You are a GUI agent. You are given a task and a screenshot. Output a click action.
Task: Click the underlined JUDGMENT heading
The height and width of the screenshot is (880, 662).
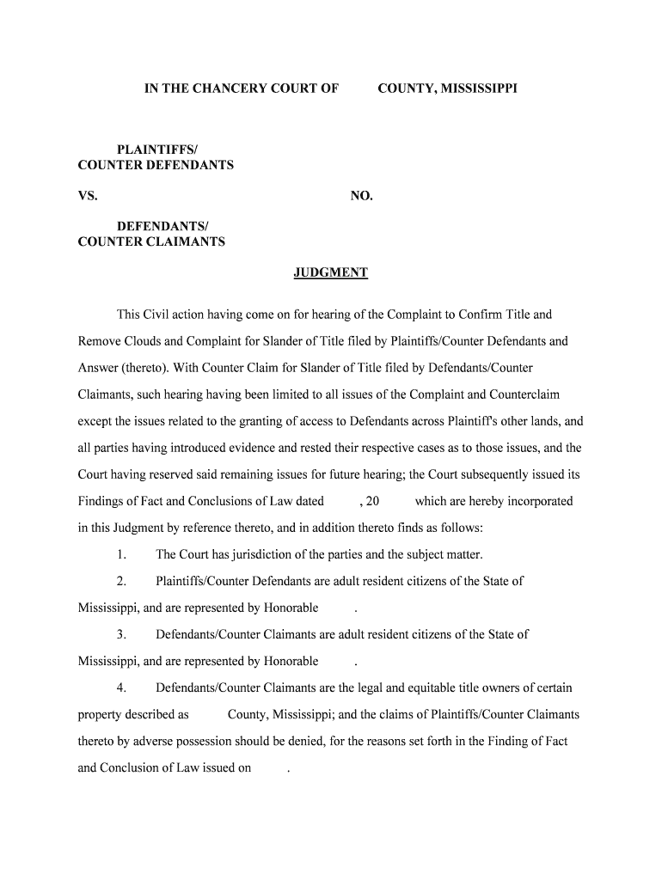[x=330, y=273]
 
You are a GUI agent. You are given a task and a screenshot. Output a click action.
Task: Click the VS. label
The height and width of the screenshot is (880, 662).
[x=88, y=197]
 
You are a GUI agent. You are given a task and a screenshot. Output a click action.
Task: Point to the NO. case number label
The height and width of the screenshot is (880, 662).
[x=361, y=197]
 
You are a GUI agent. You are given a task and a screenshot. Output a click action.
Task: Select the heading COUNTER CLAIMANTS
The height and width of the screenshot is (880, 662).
[x=151, y=241]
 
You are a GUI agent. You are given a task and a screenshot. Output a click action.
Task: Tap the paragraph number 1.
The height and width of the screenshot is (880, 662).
[x=123, y=554]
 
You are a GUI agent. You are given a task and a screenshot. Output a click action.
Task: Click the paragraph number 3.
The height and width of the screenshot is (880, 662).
[x=123, y=635]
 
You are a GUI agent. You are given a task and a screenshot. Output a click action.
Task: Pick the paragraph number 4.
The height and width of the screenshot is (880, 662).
[x=123, y=688]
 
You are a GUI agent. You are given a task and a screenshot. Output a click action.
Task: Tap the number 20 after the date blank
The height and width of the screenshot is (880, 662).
[x=372, y=501]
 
